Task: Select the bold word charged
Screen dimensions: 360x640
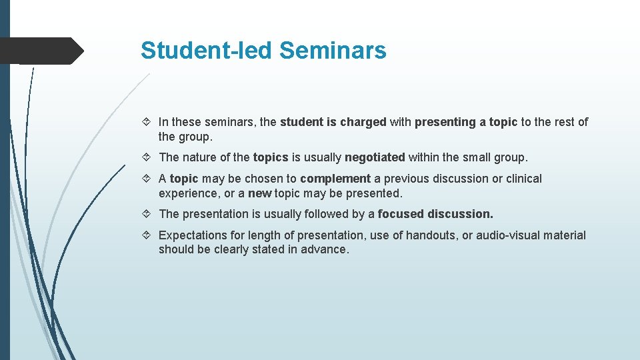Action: coord(363,122)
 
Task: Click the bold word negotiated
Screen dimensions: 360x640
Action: coord(375,157)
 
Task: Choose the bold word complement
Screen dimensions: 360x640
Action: coord(335,179)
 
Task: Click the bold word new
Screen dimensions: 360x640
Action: coord(259,193)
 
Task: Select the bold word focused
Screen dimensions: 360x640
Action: coord(400,214)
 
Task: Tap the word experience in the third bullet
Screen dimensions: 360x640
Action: coord(186,193)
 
